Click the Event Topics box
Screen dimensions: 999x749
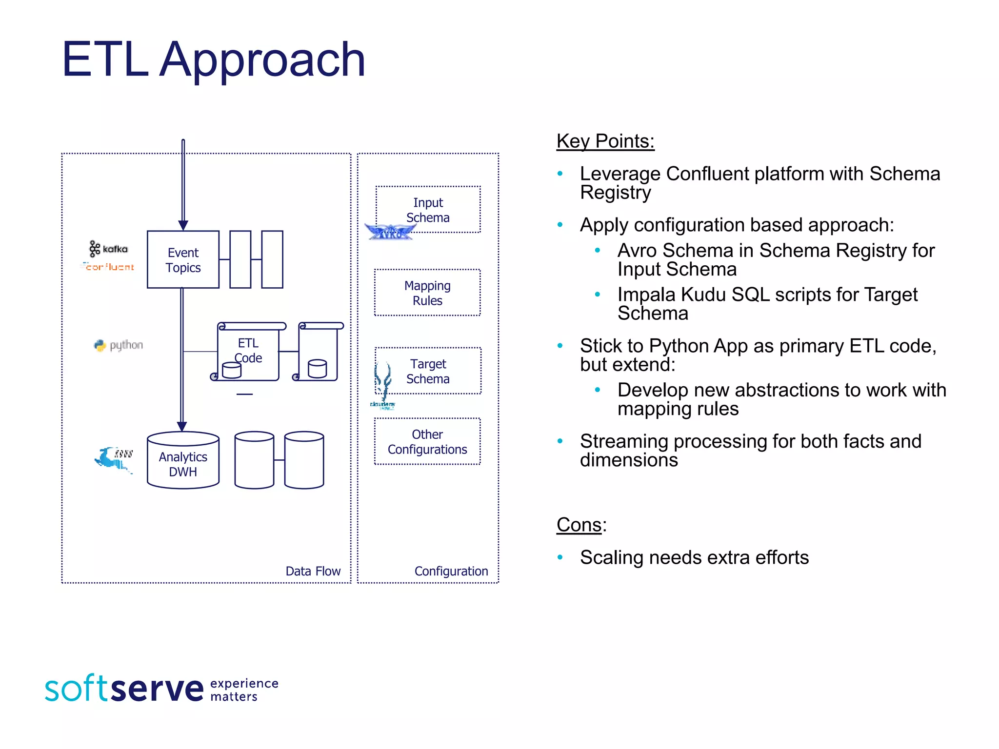(183, 259)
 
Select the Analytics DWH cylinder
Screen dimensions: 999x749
(183, 461)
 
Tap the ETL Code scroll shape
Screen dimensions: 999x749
(248, 351)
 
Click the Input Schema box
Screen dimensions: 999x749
(428, 210)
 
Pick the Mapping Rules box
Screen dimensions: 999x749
(427, 293)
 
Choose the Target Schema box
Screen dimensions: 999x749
(428, 371)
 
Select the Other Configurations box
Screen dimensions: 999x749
(427, 441)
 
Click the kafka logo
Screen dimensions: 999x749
(109, 249)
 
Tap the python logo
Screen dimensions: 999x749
(119, 345)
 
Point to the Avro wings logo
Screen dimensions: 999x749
(390, 232)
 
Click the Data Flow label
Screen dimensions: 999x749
(313, 571)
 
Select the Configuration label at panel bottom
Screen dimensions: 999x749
(451, 571)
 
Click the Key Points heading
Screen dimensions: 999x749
(605, 141)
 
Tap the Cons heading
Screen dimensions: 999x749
(579, 525)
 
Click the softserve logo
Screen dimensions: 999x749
(124, 688)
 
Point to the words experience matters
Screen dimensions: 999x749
(244, 690)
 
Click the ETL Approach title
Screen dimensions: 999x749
(213, 59)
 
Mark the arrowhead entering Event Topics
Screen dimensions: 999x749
(183, 225)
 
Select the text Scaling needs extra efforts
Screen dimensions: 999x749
(694, 557)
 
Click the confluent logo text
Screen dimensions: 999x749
(108, 267)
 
